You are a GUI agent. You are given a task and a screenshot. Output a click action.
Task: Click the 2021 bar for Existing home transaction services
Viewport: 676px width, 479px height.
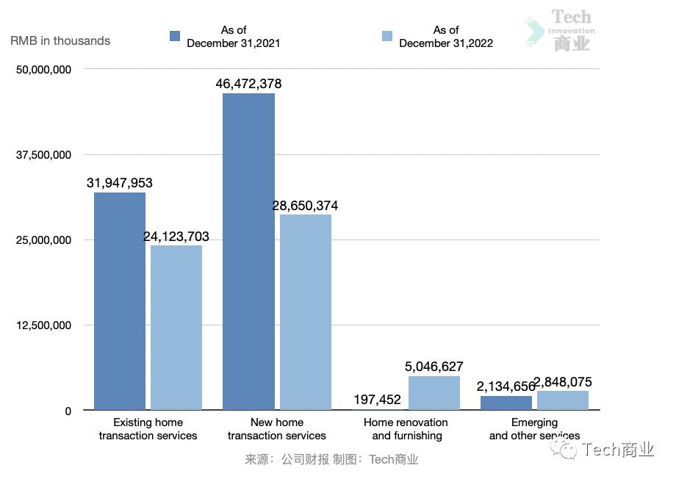point(120,301)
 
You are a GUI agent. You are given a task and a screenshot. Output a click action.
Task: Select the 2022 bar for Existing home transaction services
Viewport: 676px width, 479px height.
point(176,328)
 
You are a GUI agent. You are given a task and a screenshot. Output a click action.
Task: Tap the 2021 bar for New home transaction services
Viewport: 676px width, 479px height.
point(248,251)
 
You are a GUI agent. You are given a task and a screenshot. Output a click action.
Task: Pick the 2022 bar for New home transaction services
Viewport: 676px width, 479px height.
point(306,312)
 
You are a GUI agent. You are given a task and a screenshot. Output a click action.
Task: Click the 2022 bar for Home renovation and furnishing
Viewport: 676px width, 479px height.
point(434,393)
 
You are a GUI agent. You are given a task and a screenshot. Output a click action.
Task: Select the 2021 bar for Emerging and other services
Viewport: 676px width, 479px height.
point(506,403)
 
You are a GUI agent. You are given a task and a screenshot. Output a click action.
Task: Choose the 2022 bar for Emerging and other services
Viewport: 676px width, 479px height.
point(563,400)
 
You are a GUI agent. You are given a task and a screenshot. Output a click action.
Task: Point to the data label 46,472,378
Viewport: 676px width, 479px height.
point(248,84)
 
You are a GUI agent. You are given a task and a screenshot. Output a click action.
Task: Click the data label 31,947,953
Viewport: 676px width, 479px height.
point(120,183)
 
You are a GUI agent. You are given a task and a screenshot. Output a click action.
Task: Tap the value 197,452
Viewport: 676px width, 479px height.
point(377,400)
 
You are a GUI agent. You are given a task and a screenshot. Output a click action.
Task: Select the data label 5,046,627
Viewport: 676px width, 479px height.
point(434,367)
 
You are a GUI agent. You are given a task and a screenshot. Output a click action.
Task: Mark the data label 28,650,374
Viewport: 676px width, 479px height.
point(306,206)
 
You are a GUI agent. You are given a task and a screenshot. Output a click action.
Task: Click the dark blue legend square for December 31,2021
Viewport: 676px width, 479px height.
point(175,36)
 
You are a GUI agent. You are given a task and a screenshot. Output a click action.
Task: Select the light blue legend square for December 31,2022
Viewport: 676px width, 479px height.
point(387,36)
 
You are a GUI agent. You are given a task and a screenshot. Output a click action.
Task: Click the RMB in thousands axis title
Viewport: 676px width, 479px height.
point(60,41)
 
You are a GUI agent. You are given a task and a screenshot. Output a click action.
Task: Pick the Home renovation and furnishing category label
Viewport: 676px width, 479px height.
point(406,429)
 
